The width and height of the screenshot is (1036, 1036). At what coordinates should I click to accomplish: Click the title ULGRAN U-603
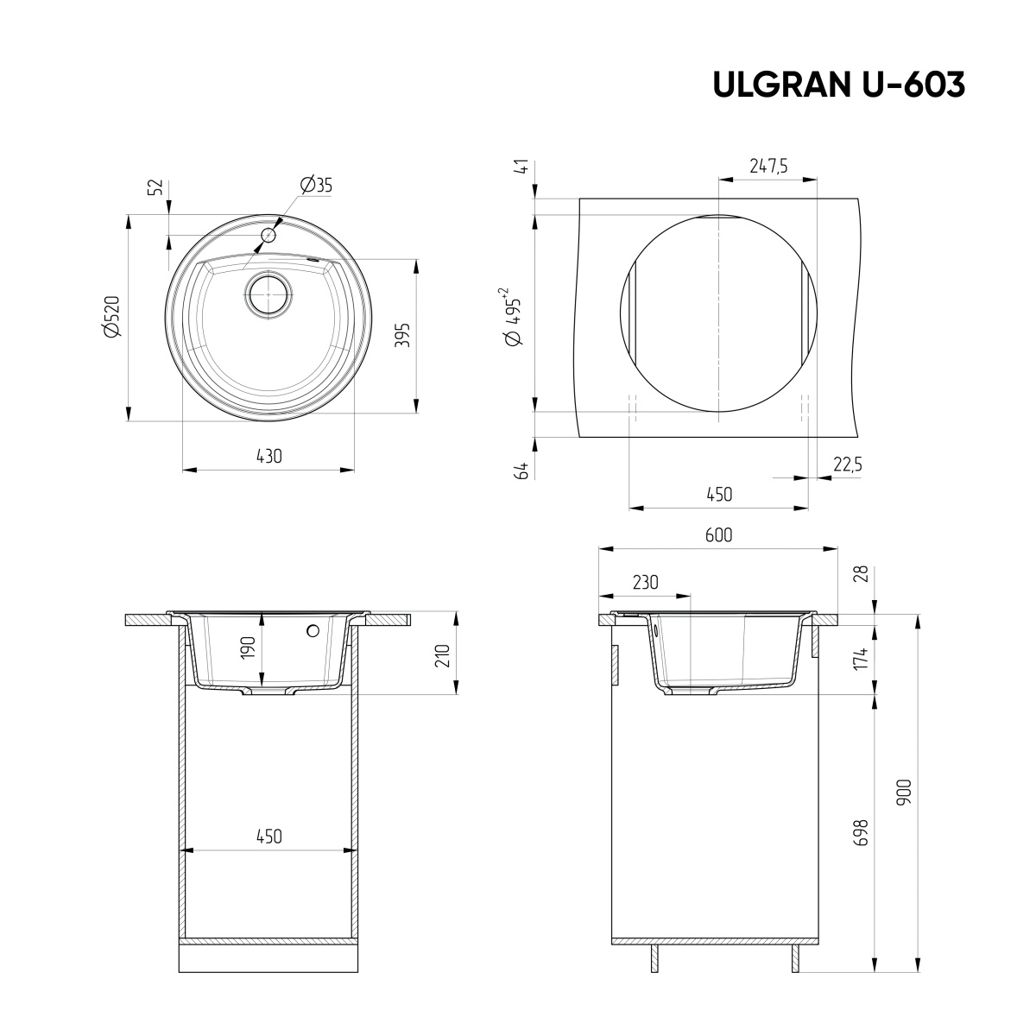(x=838, y=84)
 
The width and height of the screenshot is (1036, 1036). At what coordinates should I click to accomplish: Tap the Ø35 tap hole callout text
(x=316, y=185)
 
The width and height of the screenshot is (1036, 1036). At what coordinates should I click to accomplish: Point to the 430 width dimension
(x=268, y=456)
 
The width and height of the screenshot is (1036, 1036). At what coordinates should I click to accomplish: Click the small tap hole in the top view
(x=268, y=235)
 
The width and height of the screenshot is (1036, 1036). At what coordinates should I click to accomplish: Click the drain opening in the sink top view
(x=269, y=294)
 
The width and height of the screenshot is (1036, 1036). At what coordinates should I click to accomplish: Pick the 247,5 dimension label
(x=768, y=167)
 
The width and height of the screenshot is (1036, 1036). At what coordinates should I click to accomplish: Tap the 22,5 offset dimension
(x=847, y=464)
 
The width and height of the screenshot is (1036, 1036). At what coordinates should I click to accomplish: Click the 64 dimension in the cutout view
(x=521, y=471)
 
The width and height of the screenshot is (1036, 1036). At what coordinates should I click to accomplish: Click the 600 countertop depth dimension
(x=717, y=534)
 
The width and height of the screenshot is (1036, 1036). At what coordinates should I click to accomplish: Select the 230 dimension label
(x=644, y=582)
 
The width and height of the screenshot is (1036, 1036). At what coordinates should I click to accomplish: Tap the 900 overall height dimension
(x=904, y=792)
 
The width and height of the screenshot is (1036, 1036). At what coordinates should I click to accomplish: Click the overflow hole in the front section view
(x=313, y=631)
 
